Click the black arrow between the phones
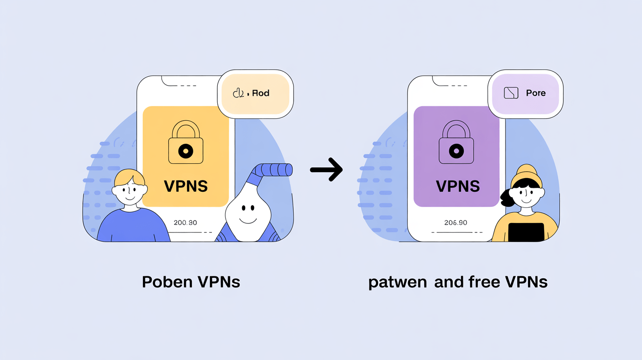[326, 170]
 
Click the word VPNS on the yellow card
[185, 186]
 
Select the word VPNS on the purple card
[457, 186]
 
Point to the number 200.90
[185, 223]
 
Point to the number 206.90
[456, 223]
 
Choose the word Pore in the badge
[535, 93]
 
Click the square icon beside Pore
[511, 93]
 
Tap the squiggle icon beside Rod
[239, 93]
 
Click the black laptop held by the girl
[526, 232]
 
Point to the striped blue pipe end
[277, 170]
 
